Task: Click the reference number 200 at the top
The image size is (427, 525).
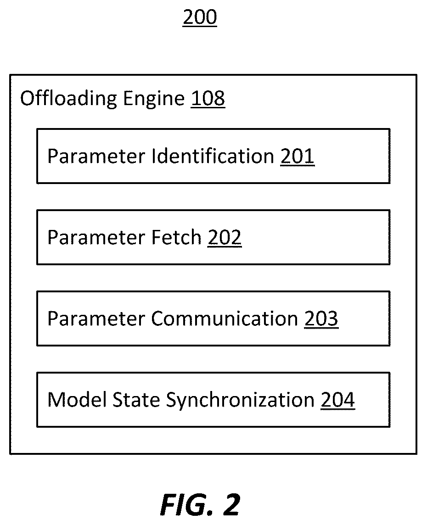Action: pos(200,17)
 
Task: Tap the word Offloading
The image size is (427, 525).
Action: pos(69,99)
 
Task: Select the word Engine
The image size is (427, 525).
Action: pos(154,99)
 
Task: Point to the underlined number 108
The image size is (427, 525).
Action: pos(208,98)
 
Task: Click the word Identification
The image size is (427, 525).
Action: pos(213,156)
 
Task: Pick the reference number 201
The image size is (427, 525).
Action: pos(298,156)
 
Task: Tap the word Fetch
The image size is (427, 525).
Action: pos(176,237)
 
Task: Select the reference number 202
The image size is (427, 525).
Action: pos(225,238)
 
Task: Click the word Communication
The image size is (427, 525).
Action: pos(225,318)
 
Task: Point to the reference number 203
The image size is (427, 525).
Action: pos(321,319)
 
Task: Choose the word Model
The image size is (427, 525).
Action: pos(77,400)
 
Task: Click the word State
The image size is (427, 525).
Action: pos(136,400)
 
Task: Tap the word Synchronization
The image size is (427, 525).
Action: pos(240,401)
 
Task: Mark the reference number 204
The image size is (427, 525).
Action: pos(337,400)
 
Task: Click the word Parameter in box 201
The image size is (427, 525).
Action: pos(96,156)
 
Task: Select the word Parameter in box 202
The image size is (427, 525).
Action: pos(96,238)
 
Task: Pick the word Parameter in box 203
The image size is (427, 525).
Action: pos(96,319)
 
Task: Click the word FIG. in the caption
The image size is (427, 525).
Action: pos(187,504)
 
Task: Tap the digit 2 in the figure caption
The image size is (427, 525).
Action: pos(231,504)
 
